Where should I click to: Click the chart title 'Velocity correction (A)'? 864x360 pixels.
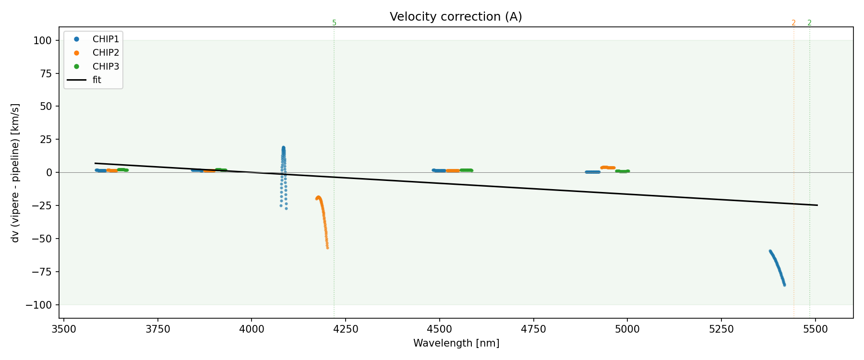click(456, 17)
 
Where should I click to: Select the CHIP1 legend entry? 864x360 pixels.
click(106, 39)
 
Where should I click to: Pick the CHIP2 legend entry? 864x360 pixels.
click(106, 53)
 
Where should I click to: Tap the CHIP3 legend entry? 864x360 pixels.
click(106, 66)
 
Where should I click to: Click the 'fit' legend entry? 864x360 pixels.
click(96, 80)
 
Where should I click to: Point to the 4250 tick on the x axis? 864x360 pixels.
click(346, 329)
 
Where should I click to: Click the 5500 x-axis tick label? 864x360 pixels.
click(816, 329)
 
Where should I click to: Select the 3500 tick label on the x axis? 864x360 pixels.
click(64, 329)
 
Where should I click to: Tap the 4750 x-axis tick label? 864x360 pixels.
click(533, 329)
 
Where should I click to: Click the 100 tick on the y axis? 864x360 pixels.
click(43, 41)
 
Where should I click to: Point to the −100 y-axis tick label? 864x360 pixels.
click(39, 305)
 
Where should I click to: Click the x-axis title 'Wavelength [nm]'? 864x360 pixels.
click(456, 343)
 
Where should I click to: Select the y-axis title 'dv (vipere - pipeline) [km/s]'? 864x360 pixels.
click(15, 173)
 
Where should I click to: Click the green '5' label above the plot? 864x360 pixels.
click(335, 23)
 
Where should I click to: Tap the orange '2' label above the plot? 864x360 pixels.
click(793, 23)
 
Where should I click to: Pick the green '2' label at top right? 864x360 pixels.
click(809, 23)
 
